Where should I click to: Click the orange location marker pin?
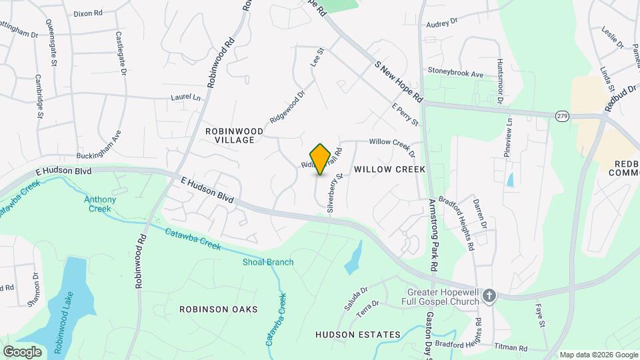pos(321,159)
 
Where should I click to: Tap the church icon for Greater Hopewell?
pos(489,296)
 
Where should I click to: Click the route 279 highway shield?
pos(561,116)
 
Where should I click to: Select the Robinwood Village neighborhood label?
pos(230,135)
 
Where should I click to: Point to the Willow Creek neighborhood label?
pos(389,169)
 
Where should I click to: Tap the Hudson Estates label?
pos(357,335)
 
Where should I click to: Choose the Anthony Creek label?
pos(100,204)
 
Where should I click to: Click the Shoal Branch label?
pos(267,262)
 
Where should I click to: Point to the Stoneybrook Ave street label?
pos(455,71)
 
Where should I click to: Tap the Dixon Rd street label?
pos(87,13)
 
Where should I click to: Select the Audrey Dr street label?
pos(443,22)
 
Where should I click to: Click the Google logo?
pos(22,351)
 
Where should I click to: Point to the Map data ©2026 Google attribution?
pos(598,355)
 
